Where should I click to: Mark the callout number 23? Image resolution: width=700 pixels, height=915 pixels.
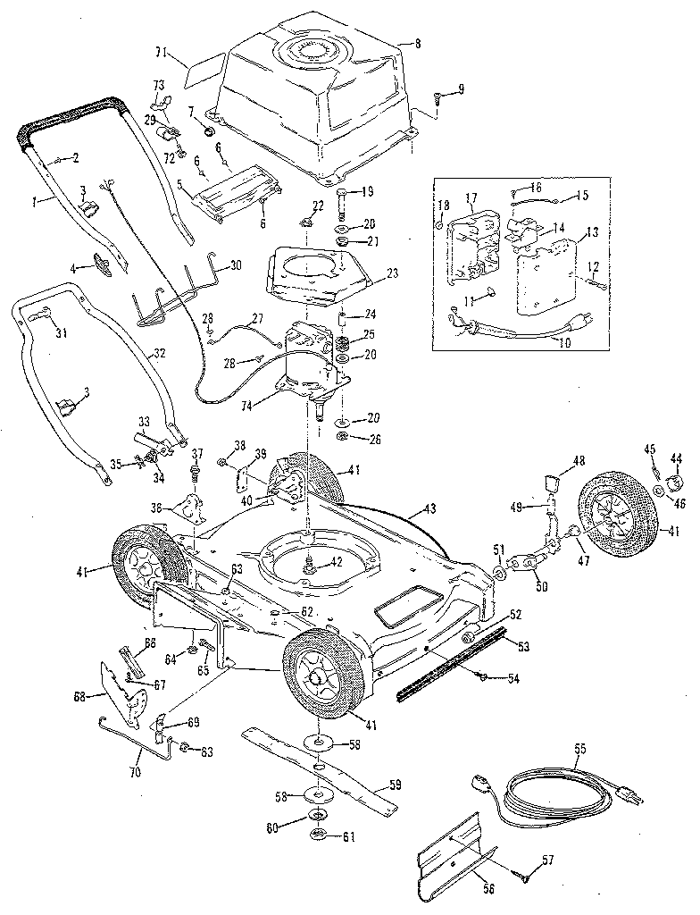point(393,273)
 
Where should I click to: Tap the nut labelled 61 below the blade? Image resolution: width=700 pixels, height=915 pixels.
point(316,835)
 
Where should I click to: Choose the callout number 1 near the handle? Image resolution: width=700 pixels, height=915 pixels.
point(35,203)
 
